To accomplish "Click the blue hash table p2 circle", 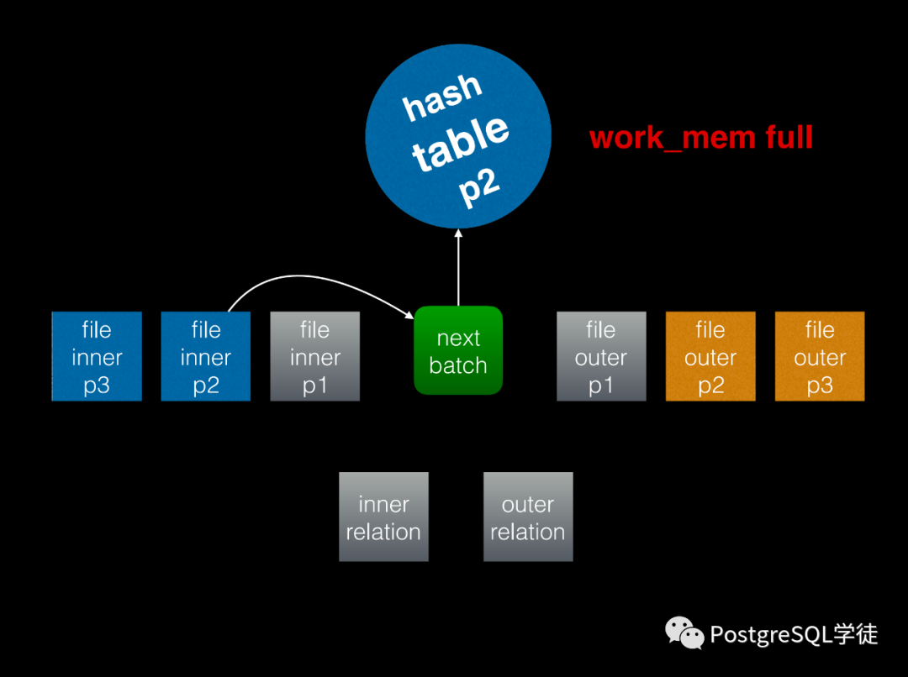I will coord(458,134).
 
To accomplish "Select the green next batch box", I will coord(458,351).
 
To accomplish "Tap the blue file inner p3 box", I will coord(97,356).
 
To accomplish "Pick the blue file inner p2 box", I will coord(206,356).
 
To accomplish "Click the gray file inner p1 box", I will coord(315,356).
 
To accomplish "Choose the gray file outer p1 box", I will coord(601,356).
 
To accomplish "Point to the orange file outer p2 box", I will coord(710,356).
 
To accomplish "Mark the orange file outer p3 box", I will coord(820,356).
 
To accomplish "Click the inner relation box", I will coord(383,517).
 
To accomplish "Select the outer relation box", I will coord(528,517).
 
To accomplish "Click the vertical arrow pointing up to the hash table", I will coord(458,269).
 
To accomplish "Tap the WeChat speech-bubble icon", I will coord(684,633).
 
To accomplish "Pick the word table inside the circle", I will coord(462,143).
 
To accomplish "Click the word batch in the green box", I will coord(458,365).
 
